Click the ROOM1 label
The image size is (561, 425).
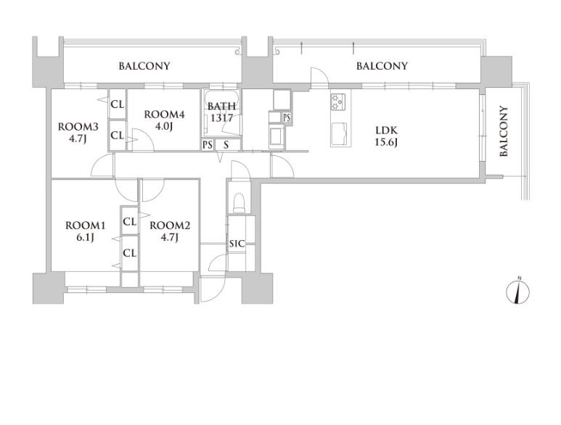tap(85, 226)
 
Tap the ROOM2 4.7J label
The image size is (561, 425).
tap(170, 231)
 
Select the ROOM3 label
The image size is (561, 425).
tap(78, 126)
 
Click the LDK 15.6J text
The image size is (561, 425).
tap(386, 136)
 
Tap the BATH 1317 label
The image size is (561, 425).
tap(222, 112)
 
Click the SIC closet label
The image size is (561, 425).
tap(237, 244)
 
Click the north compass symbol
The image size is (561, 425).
tap(517, 291)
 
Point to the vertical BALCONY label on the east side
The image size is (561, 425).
tap(504, 131)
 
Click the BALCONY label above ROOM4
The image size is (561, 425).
tap(144, 66)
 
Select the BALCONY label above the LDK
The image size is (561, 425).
tap(382, 66)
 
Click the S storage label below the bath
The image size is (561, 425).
tap(226, 145)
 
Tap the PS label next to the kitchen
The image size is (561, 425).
tap(287, 117)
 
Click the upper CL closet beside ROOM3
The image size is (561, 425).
tap(118, 104)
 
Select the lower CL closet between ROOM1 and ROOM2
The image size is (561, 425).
tap(129, 253)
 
